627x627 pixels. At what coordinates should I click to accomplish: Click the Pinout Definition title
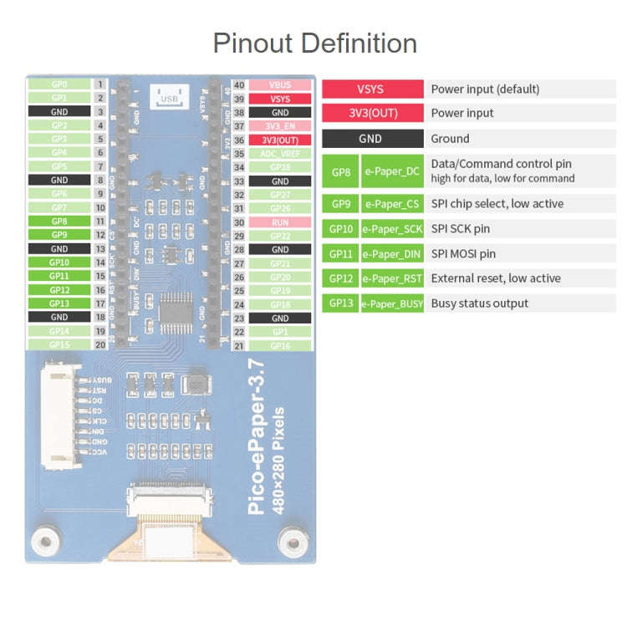[314, 43]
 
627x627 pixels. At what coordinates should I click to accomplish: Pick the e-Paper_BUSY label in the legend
[392, 303]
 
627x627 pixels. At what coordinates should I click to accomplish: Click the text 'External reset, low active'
[496, 278]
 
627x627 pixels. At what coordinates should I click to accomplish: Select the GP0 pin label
[59, 84]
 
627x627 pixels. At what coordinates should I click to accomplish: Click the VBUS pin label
[280, 85]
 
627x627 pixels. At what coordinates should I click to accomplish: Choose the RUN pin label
[280, 222]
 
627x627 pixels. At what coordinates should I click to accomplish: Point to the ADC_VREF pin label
[280, 154]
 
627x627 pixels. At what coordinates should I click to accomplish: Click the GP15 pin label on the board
[59, 344]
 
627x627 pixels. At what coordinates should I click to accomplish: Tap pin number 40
[240, 85]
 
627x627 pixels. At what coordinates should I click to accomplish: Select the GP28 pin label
[280, 167]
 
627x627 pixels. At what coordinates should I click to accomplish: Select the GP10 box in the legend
[341, 228]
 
